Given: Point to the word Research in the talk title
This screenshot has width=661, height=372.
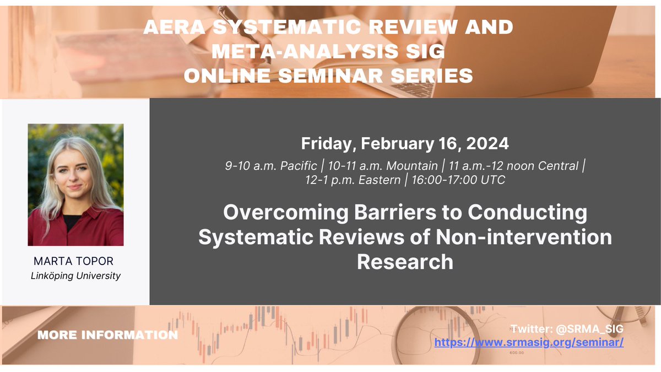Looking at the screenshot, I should coord(405,261).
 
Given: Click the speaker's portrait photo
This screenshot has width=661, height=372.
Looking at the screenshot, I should coord(75,185).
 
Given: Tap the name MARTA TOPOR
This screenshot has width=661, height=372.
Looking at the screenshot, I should coord(75,261).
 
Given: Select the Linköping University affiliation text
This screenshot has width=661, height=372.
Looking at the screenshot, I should coord(75,276).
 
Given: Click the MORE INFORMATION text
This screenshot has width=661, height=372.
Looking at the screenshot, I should coord(107,335).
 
